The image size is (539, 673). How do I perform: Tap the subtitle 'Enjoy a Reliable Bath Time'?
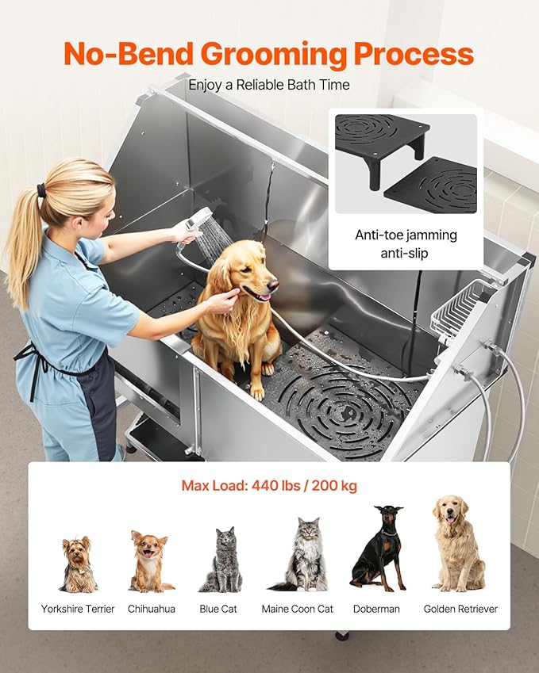(x=269, y=84)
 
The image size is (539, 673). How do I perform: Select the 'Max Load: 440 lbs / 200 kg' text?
(x=269, y=485)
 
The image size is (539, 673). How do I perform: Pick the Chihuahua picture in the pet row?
(x=150, y=561)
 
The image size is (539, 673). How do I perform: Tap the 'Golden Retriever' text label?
(x=461, y=609)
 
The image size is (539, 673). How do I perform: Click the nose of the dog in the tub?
(x=273, y=283)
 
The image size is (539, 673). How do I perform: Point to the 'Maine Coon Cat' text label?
(x=298, y=609)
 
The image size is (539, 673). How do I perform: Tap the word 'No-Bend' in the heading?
(x=130, y=54)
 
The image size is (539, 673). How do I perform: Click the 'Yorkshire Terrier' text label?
(x=78, y=609)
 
